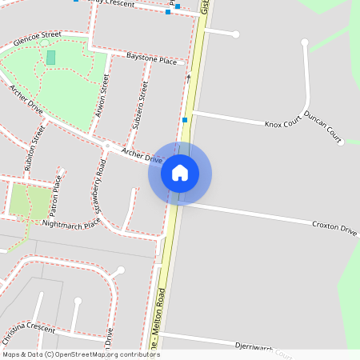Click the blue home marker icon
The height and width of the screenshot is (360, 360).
tap(180, 173)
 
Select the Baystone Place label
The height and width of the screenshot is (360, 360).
tap(151, 59)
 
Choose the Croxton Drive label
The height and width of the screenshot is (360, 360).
tap(334, 229)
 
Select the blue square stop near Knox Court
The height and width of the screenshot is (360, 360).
tap(185, 120)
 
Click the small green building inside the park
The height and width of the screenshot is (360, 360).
tap(51, 58)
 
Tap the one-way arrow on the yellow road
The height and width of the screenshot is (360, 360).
tap(189, 78)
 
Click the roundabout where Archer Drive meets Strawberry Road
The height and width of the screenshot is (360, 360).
tap(106, 146)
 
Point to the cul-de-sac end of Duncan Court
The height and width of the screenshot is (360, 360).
tap(339, 142)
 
